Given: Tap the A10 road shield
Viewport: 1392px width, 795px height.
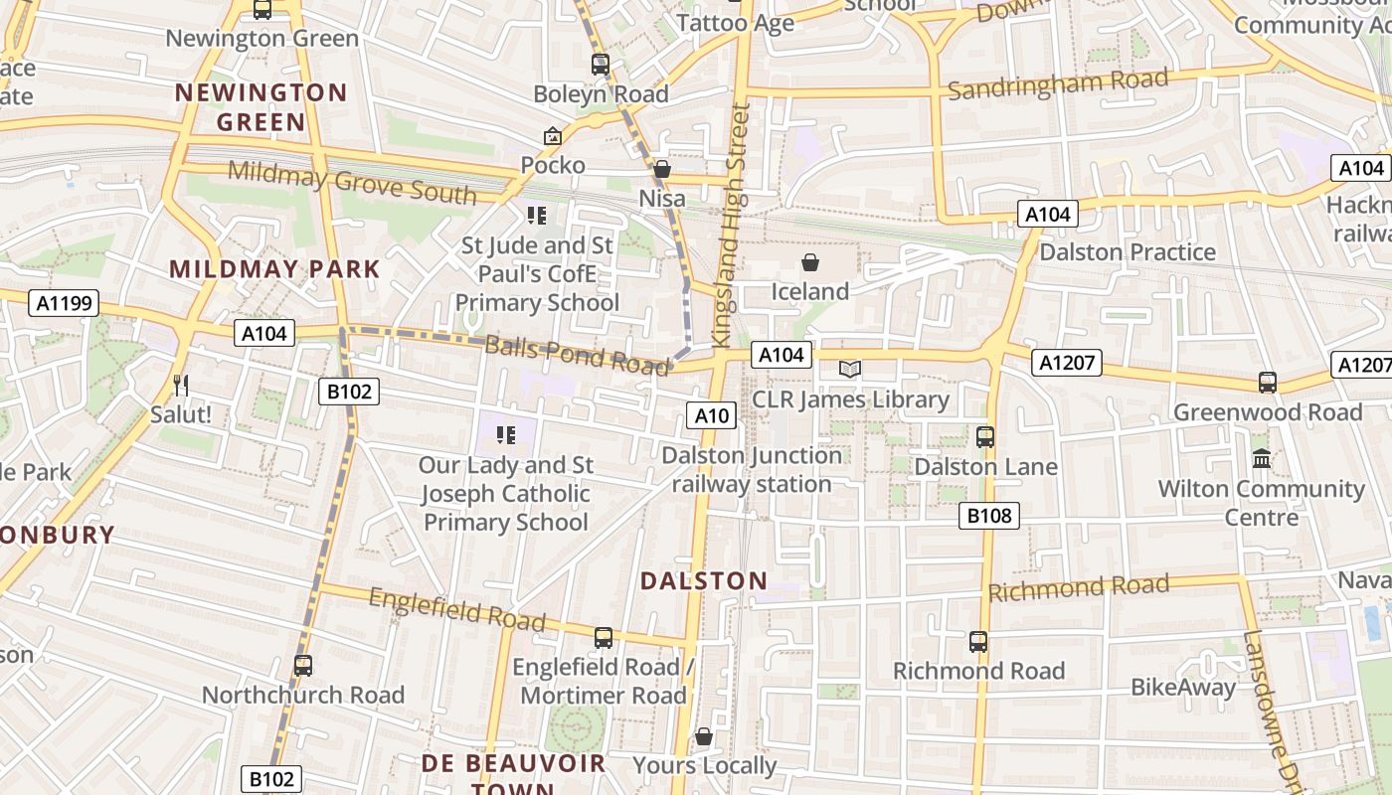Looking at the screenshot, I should click(x=712, y=415).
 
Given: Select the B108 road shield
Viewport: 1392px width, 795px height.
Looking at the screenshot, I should click(x=989, y=515).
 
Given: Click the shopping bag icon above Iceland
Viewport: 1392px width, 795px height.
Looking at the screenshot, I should click(x=810, y=262).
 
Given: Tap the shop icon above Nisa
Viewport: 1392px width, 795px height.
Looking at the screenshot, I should click(x=661, y=170).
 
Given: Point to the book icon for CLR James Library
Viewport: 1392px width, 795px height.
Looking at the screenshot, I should click(x=849, y=370).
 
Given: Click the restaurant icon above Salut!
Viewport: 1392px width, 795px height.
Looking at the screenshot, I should click(x=180, y=385).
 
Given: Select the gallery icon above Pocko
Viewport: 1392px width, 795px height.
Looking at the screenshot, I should click(x=552, y=136).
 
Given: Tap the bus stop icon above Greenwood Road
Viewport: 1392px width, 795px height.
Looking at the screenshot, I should click(x=1267, y=383).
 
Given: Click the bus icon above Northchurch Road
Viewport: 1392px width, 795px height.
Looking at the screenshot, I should click(x=303, y=666).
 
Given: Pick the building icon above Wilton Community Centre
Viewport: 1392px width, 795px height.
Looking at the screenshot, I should click(x=1262, y=459).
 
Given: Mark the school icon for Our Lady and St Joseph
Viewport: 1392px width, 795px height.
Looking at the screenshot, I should click(x=506, y=434).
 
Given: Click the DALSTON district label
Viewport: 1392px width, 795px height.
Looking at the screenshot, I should click(x=704, y=581).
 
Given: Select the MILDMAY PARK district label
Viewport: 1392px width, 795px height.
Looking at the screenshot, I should click(x=274, y=269).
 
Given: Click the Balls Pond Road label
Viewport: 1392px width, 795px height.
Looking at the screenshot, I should click(x=577, y=355).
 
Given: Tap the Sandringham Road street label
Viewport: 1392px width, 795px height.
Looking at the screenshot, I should click(x=1057, y=83).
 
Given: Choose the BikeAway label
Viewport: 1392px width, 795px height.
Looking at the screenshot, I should click(x=1183, y=688).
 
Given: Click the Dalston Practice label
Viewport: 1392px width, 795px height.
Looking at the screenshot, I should click(x=1127, y=251).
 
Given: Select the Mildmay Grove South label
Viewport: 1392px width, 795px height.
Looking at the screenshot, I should click(x=352, y=182).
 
